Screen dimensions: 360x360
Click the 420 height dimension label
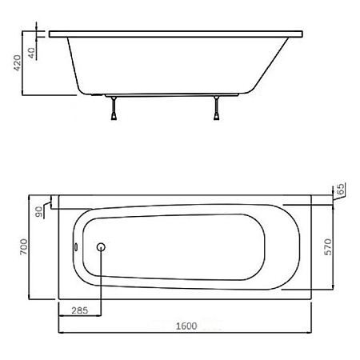[17, 63]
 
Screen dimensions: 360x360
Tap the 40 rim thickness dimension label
[31, 53]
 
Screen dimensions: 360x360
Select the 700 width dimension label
[24, 246]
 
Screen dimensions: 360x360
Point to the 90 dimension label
[39, 212]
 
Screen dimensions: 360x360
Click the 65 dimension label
[341, 189]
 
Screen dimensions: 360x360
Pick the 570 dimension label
[328, 247]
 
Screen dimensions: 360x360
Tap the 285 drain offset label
[80, 310]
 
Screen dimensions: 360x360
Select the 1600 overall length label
[186, 326]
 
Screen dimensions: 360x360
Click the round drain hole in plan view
[101, 247]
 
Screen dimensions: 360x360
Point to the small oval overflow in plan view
[76, 247]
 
